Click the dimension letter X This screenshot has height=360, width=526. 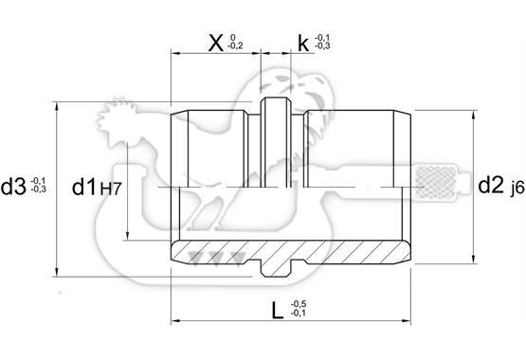[216, 44]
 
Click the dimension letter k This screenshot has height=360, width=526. [303, 44]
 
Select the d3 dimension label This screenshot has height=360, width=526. [13, 187]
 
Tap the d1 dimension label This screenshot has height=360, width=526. [84, 187]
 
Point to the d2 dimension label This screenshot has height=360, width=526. [491, 185]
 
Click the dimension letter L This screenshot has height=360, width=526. [278, 311]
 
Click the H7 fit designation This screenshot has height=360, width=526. [110, 189]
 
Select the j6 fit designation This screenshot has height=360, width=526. [517, 189]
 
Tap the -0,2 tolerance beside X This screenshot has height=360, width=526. [235, 45]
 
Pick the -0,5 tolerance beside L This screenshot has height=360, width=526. [299, 304]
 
